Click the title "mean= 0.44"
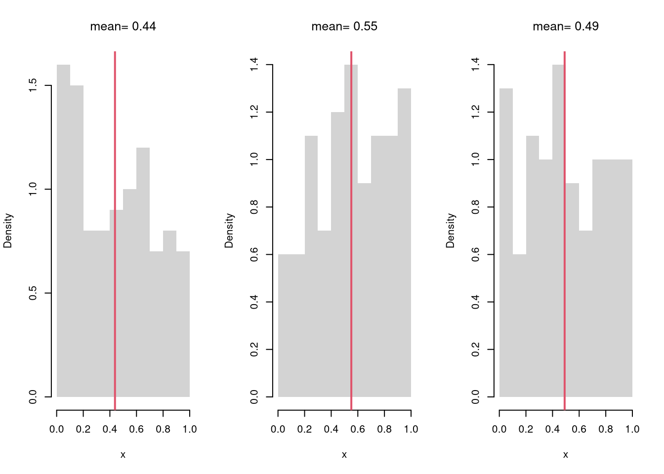pyautogui.click(x=123, y=27)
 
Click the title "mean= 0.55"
pyautogui.click(x=344, y=27)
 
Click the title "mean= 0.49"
pyautogui.click(x=566, y=27)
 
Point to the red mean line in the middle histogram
pyautogui.click(x=351, y=296)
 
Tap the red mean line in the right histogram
pyautogui.click(x=565, y=296)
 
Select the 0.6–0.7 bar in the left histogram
pyautogui.click(x=143, y=272)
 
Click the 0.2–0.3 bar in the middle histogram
pyautogui.click(x=311, y=267)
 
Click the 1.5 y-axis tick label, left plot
pyautogui.click(x=33, y=85)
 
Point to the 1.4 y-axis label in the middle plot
pyautogui.click(x=254, y=65)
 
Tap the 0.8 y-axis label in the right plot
pyautogui.click(x=476, y=207)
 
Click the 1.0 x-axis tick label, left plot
pyautogui.click(x=190, y=430)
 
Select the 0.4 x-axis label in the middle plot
pyautogui.click(x=331, y=430)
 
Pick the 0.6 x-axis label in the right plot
pyautogui.click(x=579, y=430)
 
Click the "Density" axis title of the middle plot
pyautogui.click(x=229, y=231)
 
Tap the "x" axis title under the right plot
pyautogui.click(x=566, y=455)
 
